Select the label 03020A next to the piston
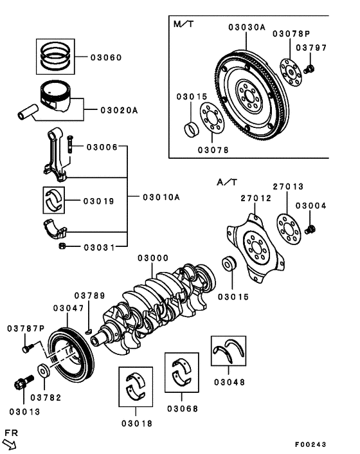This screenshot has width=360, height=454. click(x=119, y=110)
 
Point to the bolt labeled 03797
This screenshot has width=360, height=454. click(x=309, y=68)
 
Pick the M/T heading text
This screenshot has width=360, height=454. click(x=184, y=24)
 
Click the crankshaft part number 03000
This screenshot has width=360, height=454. click(x=154, y=258)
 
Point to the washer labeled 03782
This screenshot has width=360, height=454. click(x=44, y=372)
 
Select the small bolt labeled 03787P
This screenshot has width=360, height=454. click(x=28, y=348)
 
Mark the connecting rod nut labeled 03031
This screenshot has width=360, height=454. click(x=62, y=246)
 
